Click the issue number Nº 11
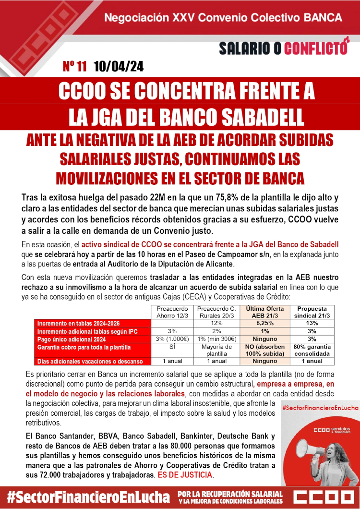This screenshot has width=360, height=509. click(x=74, y=66)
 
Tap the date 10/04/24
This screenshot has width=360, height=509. click(x=118, y=66)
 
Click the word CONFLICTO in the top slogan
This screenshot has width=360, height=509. click(x=316, y=48)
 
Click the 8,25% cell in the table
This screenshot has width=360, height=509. click(x=261, y=324)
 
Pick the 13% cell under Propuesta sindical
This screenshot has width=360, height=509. click(x=312, y=324)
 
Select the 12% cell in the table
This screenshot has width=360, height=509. click(x=217, y=324)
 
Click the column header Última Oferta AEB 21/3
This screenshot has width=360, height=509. click(x=261, y=312)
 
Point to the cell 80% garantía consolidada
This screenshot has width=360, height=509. click(x=312, y=350)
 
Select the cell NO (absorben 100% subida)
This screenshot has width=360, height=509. click(x=261, y=350)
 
